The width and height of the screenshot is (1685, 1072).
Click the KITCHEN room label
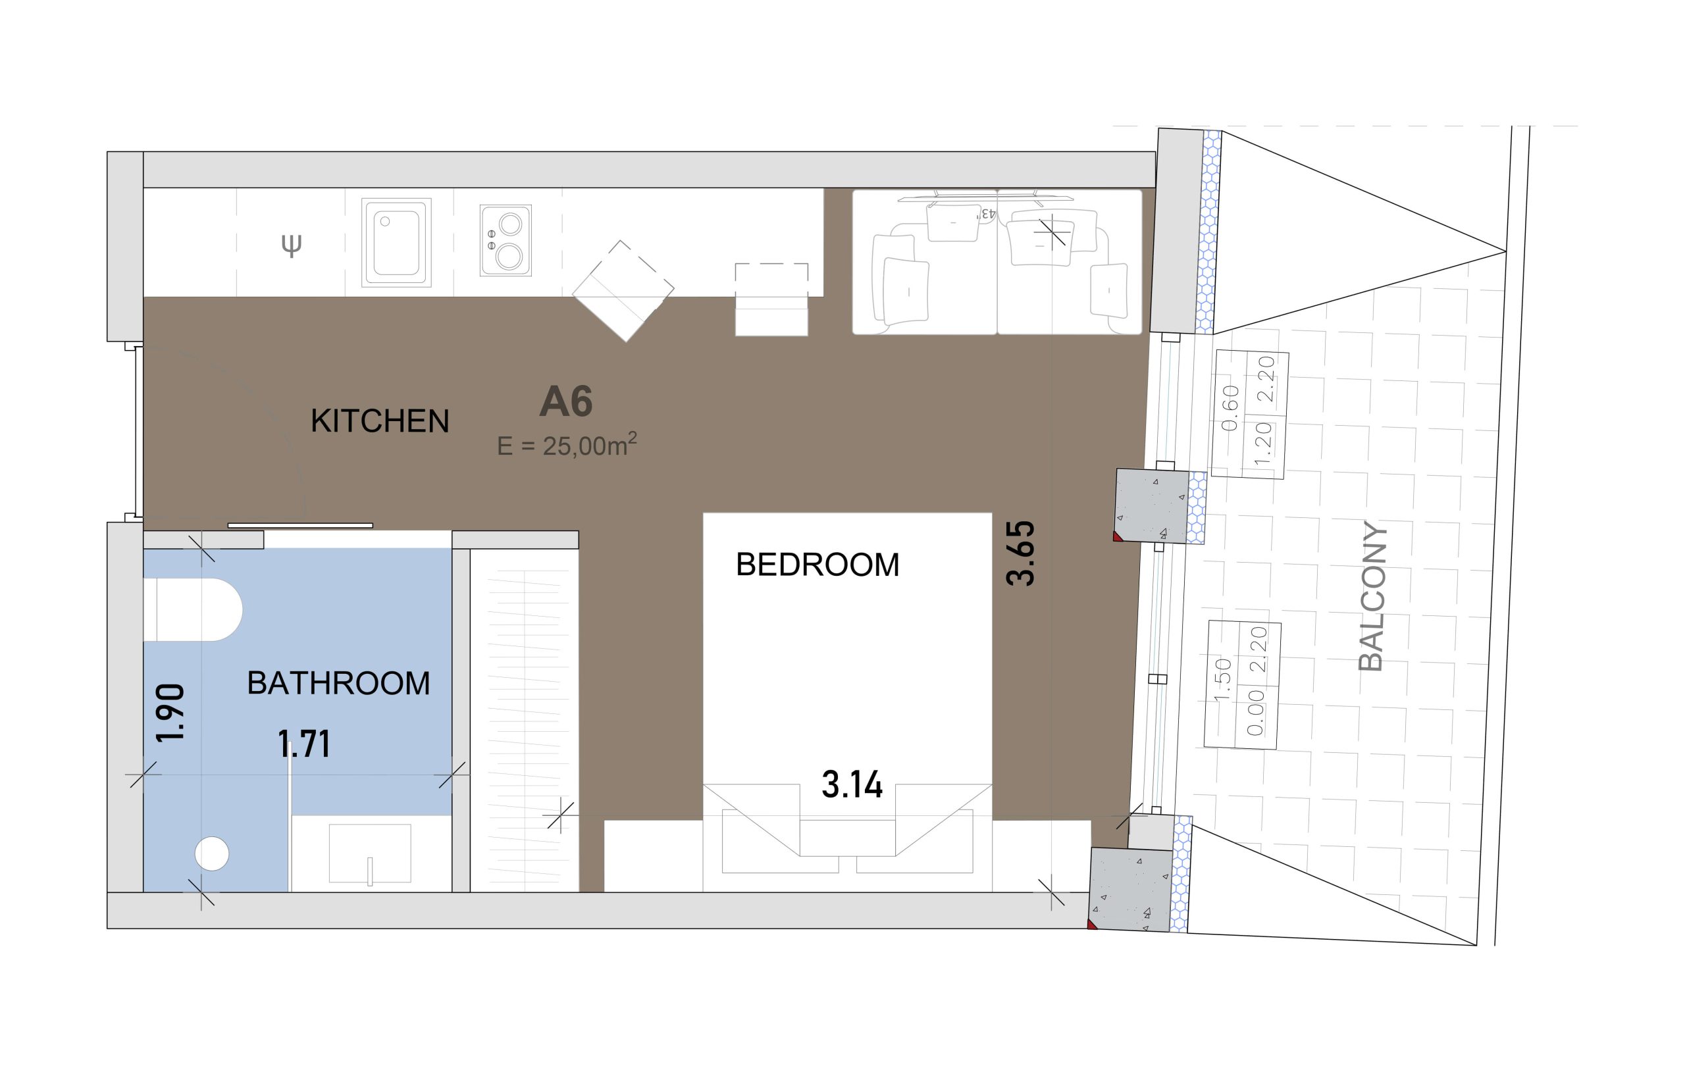pyautogui.click(x=379, y=421)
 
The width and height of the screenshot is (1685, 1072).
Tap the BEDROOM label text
pyautogui.click(x=817, y=565)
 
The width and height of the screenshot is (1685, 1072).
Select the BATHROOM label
pyautogui.click(x=339, y=683)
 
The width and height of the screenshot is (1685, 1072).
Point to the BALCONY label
pyautogui.click(x=1372, y=596)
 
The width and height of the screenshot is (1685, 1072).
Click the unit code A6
pyautogui.click(x=566, y=401)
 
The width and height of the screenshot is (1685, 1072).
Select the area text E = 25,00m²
pyautogui.click(x=567, y=445)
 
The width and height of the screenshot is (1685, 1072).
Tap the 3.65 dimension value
pyautogui.click(x=1020, y=553)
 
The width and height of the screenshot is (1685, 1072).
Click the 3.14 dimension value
pyautogui.click(x=852, y=784)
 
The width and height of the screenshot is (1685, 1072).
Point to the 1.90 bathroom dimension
pyautogui.click(x=170, y=713)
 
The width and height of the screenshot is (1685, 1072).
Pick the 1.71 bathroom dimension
pyautogui.click(x=303, y=744)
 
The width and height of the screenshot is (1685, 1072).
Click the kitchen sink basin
pyautogui.click(x=396, y=242)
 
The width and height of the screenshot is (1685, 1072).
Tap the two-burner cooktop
pyautogui.click(x=505, y=240)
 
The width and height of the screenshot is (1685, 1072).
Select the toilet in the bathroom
pyautogui.click(x=193, y=609)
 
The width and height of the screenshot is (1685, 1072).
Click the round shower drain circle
pyautogui.click(x=211, y=854)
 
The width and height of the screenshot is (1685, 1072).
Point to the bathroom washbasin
pyautogui.click(x=370, y=854)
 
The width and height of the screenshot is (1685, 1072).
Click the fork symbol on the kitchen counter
pyautogui.click(x=291, y=245)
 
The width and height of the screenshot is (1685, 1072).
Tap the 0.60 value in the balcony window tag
pyautogui.click(x=1230, y=408)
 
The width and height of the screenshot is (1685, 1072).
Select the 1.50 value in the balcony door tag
pyautogui.click(x=1222, y=679)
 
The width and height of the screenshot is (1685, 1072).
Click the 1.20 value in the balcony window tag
pyautogui.click(x=1262, y=444)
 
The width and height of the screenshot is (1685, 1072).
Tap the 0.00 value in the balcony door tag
pyautogui.click(x=1255, y=713)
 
